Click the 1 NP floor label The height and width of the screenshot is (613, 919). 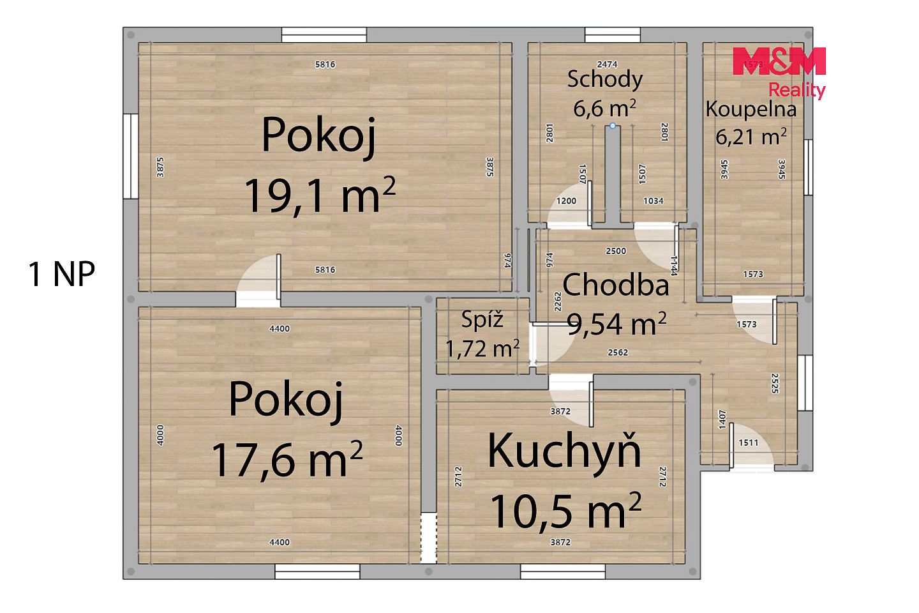pyautogui.click(x=61, y=274)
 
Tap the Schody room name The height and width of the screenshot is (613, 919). pyautogui.click(x=605, y=80)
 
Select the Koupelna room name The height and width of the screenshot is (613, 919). pyautogui.click(x=751, y=109)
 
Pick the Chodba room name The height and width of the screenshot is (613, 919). pyautogui.click(x=615, y=285)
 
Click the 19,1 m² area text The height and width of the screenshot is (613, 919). pyautogui.click(x=320, y=195)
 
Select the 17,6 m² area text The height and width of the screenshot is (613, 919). pyautogui.click(x=287, y=459)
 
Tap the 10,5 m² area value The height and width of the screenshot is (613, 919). pyautogui.click(x=565, y=511)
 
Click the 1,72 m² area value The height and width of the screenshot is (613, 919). pyautogui.click(x=482, y=349)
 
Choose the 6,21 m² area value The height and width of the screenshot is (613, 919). pyautogui.click(x=751, y=137)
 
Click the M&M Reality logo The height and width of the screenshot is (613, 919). pyautogui.click(x=779, y=73)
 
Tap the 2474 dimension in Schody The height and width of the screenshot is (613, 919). pyautogui.click(x=607, y=64)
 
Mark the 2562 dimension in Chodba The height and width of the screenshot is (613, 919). pyautogui.click(x=618, y=352)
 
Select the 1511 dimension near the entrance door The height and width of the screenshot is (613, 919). pyautogui.click(x=749, y=443)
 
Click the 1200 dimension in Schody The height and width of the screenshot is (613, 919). pyautogui.click(x=566, y=201)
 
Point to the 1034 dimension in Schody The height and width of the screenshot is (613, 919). pyautogui.click(x=653, y=201)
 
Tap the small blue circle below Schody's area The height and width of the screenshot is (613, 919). pyautogui.click(x=613, y=126)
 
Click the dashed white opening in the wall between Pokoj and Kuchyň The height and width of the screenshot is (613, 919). pyautogui.click(x=429, y=538)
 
